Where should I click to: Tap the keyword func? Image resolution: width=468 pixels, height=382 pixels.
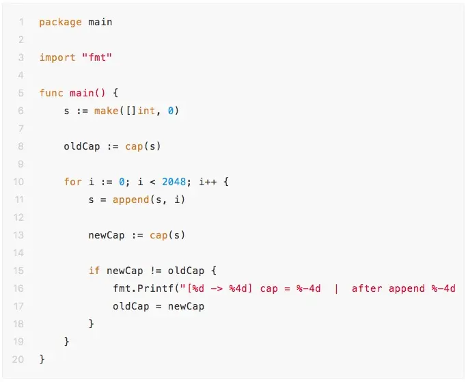click(51, 93)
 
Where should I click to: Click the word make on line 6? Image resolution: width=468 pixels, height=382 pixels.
click(106, 111)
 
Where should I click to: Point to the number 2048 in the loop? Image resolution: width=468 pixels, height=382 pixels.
click(174, 182)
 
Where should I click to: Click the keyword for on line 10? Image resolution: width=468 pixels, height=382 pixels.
click(72, 182)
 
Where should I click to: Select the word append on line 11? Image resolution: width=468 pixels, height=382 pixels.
click(130, 200)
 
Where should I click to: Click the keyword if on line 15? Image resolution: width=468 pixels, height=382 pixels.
click(94, 271)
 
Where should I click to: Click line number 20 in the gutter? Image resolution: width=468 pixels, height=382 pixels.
click(18, 359)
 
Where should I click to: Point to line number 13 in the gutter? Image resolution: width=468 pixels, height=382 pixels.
click(18, 235)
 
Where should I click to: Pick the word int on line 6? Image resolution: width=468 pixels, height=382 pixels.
click(146, 111)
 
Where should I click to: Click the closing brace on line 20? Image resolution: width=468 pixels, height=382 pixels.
click(42, 359)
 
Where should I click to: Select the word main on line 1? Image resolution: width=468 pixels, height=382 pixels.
click(100, 22)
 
